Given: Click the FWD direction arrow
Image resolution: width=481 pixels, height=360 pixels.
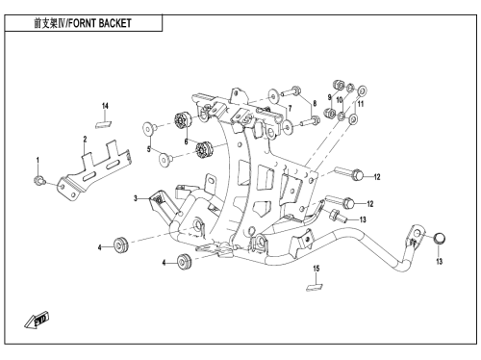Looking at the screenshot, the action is [37, 321].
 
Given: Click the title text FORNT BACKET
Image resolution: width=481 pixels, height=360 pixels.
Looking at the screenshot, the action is [100, 23].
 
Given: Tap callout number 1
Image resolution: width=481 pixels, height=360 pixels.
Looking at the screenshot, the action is [38, 160].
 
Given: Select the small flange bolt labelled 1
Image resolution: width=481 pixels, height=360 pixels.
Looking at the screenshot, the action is [38, 181].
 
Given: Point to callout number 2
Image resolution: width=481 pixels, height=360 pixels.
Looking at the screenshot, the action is [85, 140].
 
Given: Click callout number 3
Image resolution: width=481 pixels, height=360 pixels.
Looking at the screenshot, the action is [136, 198].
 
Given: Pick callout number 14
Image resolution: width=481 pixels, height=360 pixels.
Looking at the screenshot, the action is [105, 106].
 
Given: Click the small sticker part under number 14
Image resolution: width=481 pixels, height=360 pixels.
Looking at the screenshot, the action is [103, 124].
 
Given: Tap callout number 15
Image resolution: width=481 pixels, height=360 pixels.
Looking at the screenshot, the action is [316, 269].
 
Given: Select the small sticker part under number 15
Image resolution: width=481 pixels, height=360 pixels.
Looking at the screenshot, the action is [315, 287].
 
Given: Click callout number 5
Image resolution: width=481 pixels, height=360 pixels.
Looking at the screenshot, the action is [149, 149].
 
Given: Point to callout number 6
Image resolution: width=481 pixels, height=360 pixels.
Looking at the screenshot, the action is [186, 141].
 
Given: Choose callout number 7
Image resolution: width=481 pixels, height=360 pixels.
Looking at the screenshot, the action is [290, 109].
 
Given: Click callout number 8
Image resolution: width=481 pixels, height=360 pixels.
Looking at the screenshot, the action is [315, 103].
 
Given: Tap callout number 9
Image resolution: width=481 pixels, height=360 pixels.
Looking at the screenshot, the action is [329, 97].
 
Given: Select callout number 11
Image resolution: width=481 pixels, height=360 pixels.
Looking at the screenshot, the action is [361, 104].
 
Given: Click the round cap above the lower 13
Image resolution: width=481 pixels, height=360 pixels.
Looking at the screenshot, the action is [440, 239].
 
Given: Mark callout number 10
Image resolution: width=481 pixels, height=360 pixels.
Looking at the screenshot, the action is [340, 100].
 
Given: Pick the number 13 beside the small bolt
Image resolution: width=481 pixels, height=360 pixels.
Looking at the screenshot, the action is [363, 219].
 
